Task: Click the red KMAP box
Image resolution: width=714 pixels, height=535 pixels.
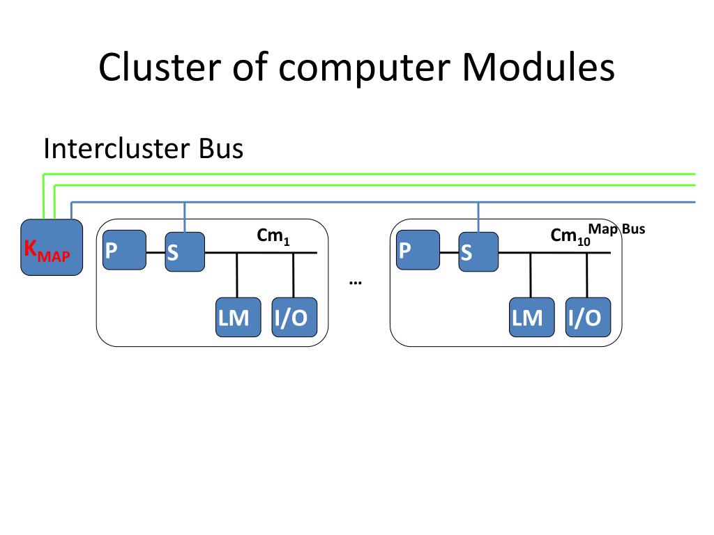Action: click(x=52, y=247)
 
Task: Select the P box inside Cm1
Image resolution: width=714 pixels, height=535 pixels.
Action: click(x=124, y=250)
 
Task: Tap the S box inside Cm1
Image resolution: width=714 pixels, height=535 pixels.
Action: click(x=185, y=251)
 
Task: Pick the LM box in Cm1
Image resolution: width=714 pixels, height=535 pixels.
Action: click(x=238, y=317)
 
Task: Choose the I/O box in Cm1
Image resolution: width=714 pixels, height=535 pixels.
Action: click(x=294, y=317)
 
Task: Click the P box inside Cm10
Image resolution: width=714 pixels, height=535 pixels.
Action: click(x=418, y=250)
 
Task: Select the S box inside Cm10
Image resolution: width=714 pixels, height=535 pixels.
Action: click(x=478, y=251)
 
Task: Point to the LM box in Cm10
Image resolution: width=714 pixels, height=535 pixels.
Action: click(x=532, y=317)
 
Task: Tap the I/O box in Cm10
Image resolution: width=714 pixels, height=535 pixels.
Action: click(x=588, y=317)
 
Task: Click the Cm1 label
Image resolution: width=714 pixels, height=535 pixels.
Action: click(x=273, y=236)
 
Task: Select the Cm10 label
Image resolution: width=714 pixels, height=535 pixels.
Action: click(x=570, y=237)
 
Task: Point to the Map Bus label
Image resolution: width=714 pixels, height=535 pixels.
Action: click(x=616, y=228)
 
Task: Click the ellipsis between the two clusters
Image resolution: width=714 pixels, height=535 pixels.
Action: click(x=355, y=283)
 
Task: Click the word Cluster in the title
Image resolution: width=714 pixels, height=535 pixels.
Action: click(x=160, y=67)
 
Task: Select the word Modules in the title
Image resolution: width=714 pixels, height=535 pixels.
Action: click(x=538, y=67)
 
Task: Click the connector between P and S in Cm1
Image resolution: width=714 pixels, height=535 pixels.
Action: click(x=155, y=252)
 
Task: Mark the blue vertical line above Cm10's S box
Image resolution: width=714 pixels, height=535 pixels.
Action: click(x=478, y=217)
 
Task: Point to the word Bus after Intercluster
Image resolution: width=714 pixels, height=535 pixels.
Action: click(x=221, y=148)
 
